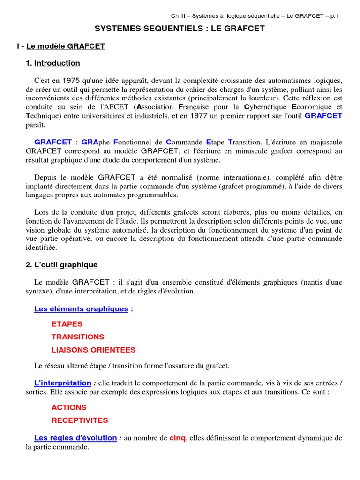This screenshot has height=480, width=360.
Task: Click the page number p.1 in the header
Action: click(x=334, y=16)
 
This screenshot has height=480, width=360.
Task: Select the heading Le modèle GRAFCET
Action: click(x=66, y=46)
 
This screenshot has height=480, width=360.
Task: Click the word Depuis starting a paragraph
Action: click(x=47, y=177)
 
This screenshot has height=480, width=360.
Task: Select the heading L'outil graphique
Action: click(x=66, y=265)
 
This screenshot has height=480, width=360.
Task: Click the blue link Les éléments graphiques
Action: click(x=81, y=309)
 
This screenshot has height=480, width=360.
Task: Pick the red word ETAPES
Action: click(x=67, y=324)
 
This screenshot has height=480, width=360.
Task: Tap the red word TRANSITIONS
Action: click(x=78, y=337)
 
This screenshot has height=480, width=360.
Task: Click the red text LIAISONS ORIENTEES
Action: click(x=94, y=350)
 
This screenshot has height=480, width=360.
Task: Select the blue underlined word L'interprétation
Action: click(x=63, y=383)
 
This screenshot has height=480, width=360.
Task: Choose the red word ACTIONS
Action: click(x=69, y=407)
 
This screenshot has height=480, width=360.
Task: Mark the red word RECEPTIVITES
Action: click(x=80, y=420)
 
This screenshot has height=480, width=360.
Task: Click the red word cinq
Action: click(x=178, y=438)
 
